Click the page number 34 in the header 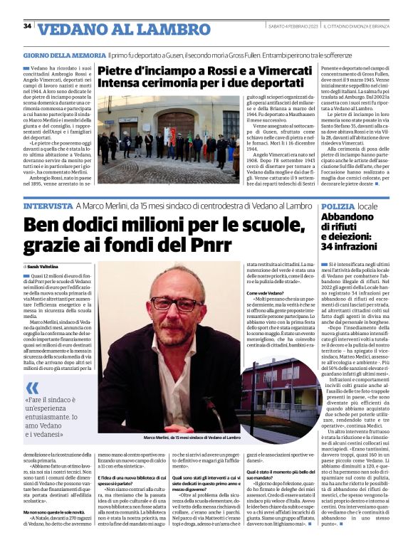coord(27,26)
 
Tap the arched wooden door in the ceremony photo coord(175,125)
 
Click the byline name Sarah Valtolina coord(46,265)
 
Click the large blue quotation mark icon coord(33,388)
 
